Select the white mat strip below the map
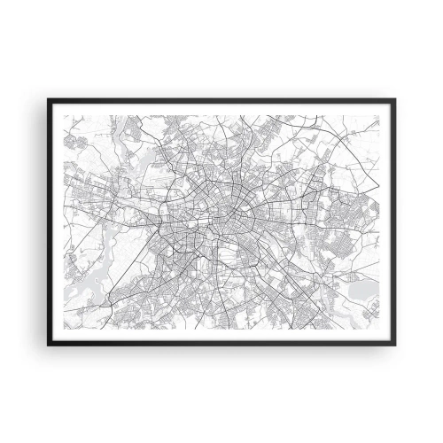(x=221, y=335)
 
